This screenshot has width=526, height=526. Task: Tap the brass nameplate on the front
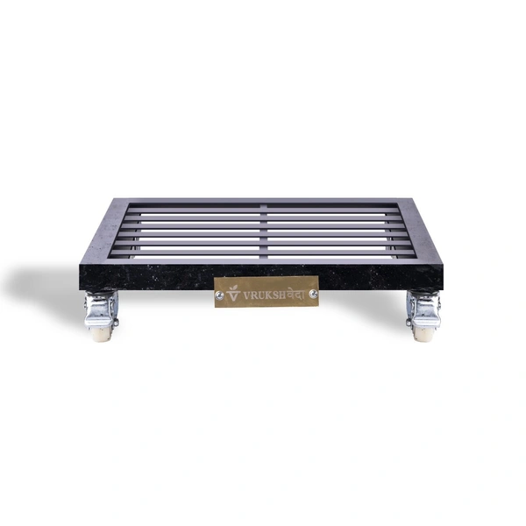267,292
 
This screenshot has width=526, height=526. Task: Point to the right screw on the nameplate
313,292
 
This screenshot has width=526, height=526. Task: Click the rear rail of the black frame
263,203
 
